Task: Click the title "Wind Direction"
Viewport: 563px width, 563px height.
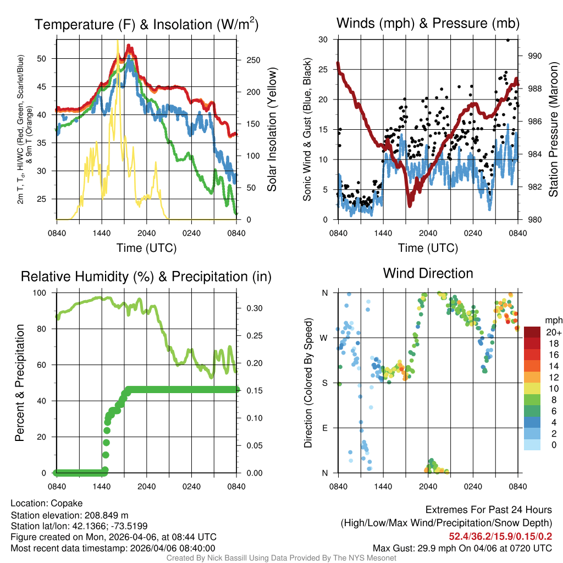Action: pyautogui.click(x=428, y=273)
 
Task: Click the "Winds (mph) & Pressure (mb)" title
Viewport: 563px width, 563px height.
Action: pyautogui.click(x=428, y=23)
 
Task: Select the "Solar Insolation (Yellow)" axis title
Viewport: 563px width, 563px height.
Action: pyautogui.click(x=272, y=130)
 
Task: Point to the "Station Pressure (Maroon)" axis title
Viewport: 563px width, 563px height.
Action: pyautogui.click(x=554, y=130)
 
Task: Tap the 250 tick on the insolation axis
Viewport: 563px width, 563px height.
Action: pyautogui.click(x=249, y=60)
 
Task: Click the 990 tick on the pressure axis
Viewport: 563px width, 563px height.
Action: pyautogui.click(x=535, y=56)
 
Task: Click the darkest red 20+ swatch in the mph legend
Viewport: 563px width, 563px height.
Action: pyautogui.click(x=533, y=332)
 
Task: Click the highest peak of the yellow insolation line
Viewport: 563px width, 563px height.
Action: pyautogui.click(x=117, y=41)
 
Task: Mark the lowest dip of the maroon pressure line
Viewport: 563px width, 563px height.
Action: pyautogui.click(x=410, y=205)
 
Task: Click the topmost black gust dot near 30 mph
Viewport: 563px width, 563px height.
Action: pyautogui.click(x=508, y=40)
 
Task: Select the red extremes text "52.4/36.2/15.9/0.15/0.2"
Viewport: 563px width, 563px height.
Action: pyautogui.click(x=500, y=537)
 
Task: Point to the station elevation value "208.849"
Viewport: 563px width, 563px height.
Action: pyautogui.click(x=104, y=515)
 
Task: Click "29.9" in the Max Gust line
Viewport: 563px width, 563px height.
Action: pyautogui.click(x=427, y=548)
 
